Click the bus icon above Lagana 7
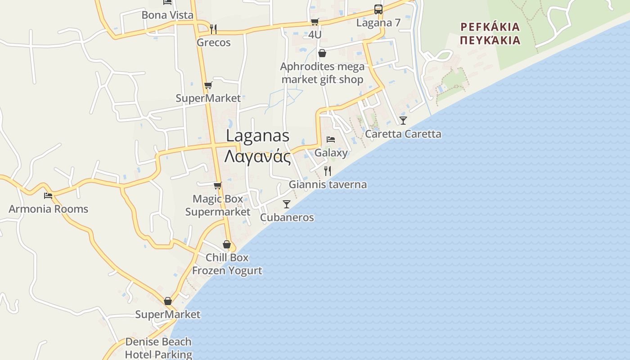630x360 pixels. [378, 9]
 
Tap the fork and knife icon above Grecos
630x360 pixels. [213, 29]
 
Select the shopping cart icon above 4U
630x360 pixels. [315, 22]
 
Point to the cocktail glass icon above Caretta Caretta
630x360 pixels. [403, 121]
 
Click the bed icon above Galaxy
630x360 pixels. [331, 139]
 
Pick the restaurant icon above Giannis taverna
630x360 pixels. [328, 171]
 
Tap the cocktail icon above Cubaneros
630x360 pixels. [287, 204]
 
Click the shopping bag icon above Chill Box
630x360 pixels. [227, 244]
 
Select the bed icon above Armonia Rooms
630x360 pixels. [48, 196]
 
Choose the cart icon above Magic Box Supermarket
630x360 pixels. [218, 185]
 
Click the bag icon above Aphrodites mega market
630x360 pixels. [322, 54]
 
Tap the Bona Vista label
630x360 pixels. [167, 15]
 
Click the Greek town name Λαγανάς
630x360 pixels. [257, 157]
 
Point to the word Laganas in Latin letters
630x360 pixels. [257, 135]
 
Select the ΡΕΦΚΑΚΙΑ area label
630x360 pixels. [490, 27]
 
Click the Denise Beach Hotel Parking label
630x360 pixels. [158, 348]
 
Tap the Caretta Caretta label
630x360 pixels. [403, 134]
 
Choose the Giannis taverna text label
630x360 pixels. [328, 184]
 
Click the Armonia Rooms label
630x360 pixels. [49, 209]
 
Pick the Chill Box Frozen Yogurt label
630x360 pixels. [227, 264]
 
